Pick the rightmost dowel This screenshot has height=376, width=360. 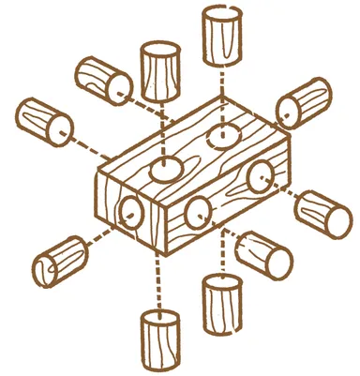[x=324, y=215]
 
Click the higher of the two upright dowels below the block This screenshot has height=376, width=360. [x=222, y=304]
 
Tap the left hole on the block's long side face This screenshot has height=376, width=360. [x=200, y=213]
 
